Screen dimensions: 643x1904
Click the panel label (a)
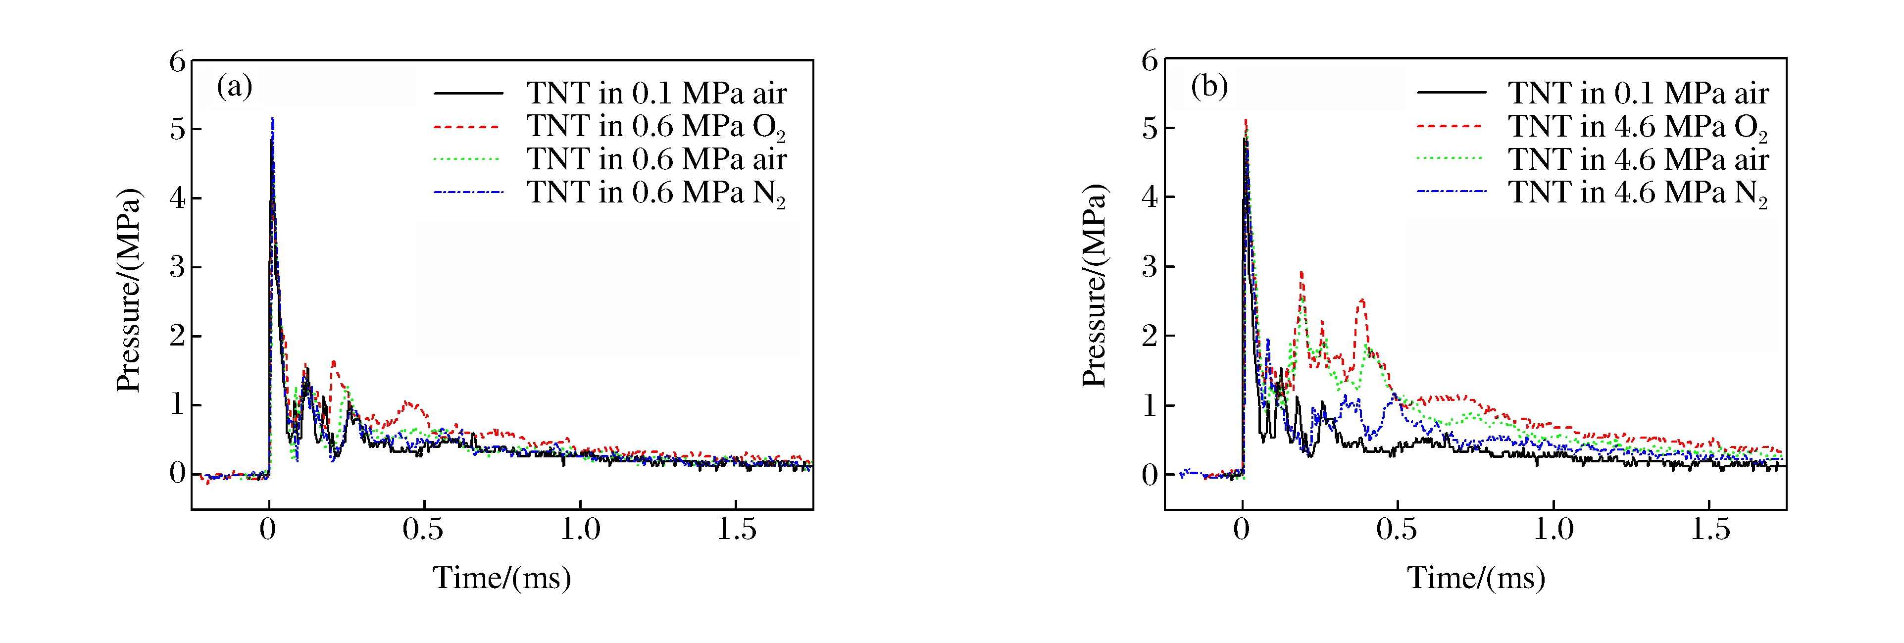(x=234, y=87)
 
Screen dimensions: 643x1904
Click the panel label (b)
(x=1209, y=87)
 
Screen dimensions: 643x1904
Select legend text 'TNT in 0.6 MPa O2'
(x=655, y=127)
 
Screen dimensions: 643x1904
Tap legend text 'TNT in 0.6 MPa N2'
(x=655, y=194)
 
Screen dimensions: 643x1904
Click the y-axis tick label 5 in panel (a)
(x=177, y=129)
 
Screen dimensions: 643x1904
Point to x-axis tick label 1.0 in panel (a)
(x=580, y=529)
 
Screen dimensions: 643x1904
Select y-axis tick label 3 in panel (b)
(x=1150, y=266)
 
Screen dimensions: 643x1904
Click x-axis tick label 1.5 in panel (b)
(x=1709, y=529)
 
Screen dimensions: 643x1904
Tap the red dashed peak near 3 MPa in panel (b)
(x=1301, y=273)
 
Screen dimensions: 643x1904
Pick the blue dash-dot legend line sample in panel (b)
(x=1450, y=192)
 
